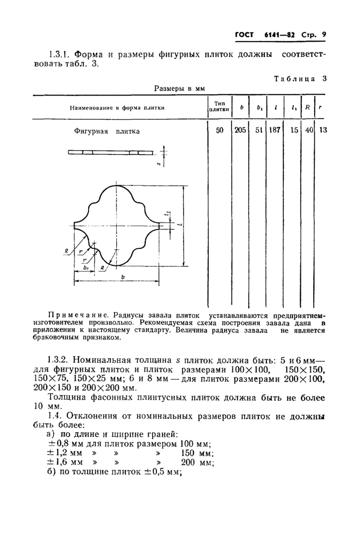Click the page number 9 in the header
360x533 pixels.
click(x=325, y=35)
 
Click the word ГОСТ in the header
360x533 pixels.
click(x=245, y=35)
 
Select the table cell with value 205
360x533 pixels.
click(x=240, y=131)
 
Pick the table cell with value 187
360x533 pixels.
click(x=274, y=131)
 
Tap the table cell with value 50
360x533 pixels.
click(x=220, y=131)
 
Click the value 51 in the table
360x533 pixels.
click(x=257, y=131)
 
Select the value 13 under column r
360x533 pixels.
click(x=322, y=131)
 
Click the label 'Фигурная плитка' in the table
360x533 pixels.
click(x=107, y=131)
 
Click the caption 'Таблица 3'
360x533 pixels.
click(x=300, y=79)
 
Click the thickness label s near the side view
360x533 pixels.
click(x=158, y=164)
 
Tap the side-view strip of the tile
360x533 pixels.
click(x=111, y=152)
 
